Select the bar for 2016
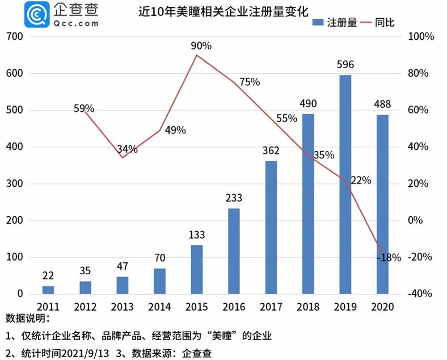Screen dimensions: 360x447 (234, 251)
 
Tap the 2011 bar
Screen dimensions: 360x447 (48, 290)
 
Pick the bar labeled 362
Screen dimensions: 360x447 (271, 227)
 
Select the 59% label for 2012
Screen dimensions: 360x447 (84, 108)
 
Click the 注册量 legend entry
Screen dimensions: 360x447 (335, 23)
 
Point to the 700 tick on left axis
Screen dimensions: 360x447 (15, 37)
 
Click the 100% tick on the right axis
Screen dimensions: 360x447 (421, 37)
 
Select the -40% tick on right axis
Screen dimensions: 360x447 (421, 294)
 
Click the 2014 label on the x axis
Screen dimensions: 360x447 (159, 307)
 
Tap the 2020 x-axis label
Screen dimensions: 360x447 (382, 307)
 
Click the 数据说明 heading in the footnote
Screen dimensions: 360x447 (28, 319)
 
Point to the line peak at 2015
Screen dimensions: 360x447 (196, 55)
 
